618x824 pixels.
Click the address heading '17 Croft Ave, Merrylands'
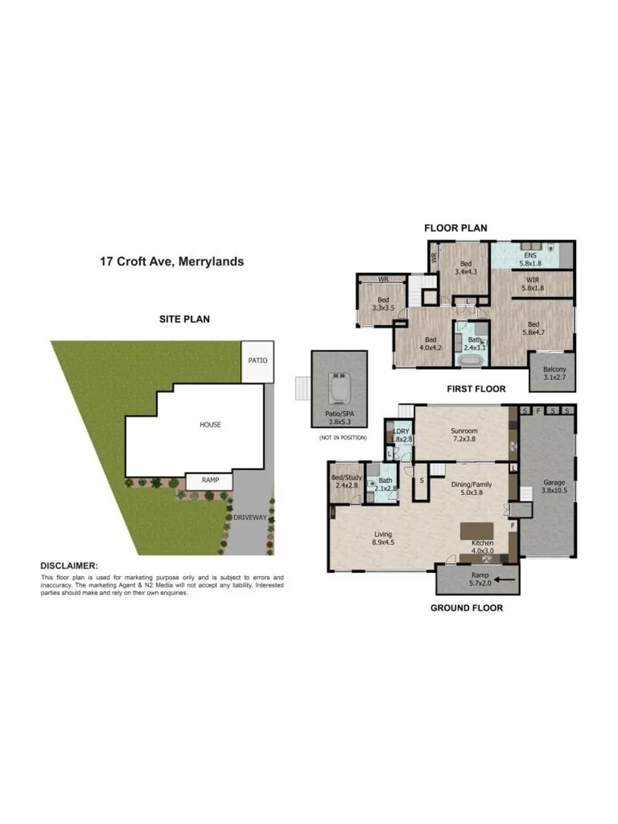(x=172, y=261)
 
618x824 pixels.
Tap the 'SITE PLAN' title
(x=184, y=319)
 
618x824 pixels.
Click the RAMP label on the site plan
(x=209, y=481)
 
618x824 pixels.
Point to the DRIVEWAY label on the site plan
(x=249, y=517)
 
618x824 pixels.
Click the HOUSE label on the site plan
(x=211, y=424)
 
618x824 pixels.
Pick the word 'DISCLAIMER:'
(x=69, y=566)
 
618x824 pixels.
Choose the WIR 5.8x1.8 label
(x=533, y=284)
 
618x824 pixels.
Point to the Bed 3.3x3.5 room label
(x=382, y=304)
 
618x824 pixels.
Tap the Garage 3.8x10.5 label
(x=553, y=487)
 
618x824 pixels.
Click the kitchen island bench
(x=480, y=530)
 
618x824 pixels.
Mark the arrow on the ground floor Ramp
(x=503, y=580)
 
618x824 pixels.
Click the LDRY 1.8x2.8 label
(x=401, y=435)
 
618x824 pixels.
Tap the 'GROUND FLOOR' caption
(x=466, y=608)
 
